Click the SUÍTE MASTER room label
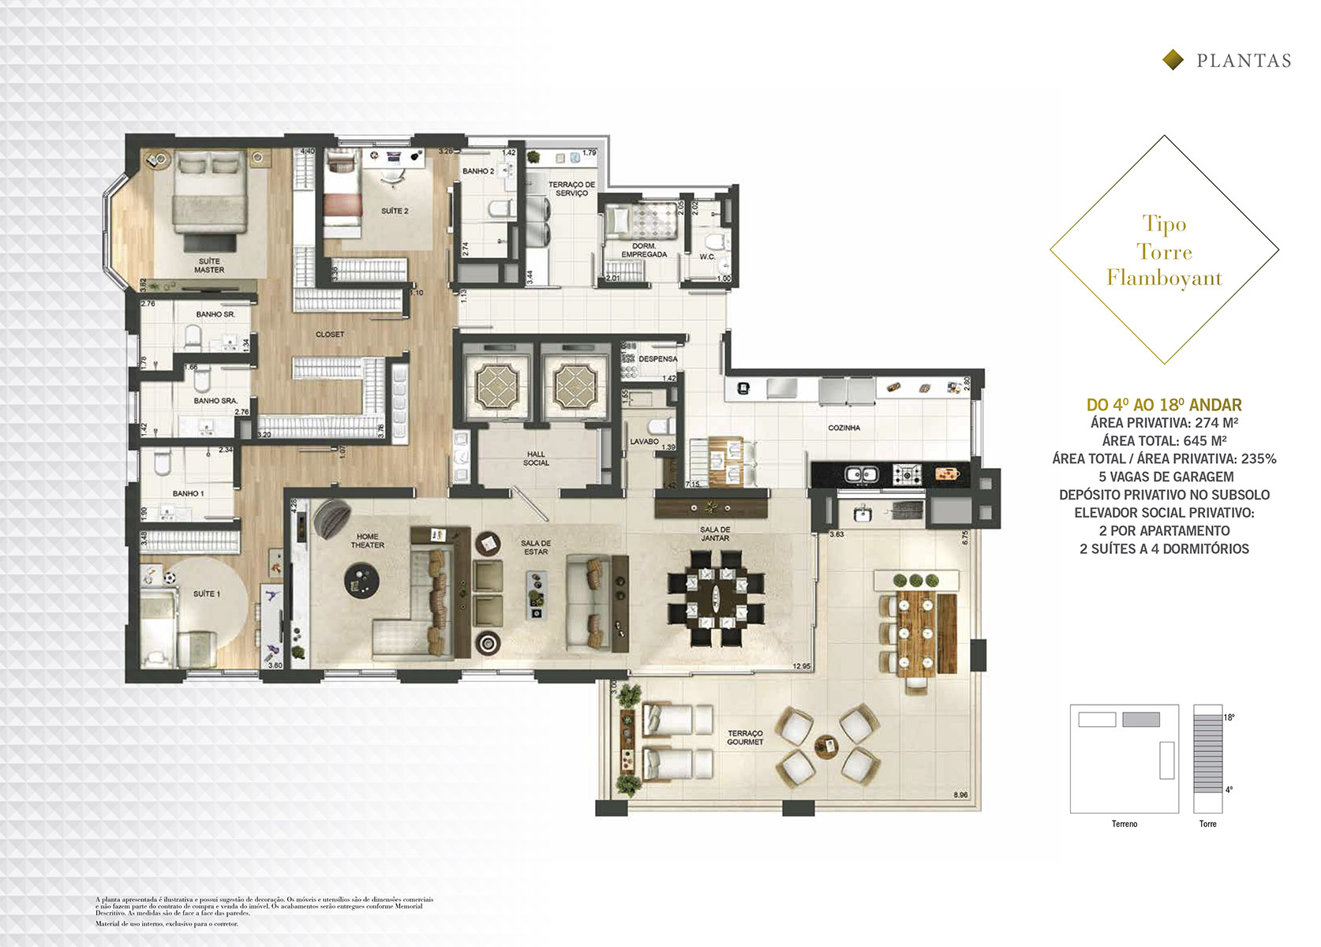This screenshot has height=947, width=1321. click(x=209, y=266)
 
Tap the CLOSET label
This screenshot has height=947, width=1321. click(x=330, y=335)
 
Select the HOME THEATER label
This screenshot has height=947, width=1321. click(x=367, y=541)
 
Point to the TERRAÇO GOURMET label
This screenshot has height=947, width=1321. click(x=745, y=738)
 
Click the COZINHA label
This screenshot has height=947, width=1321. click(x=844, y=428)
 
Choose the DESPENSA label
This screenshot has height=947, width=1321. click(x=657, y=359)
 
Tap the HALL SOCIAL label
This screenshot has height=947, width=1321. click(x=536, y=459)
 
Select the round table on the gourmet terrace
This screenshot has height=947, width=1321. click(x=825, y=744)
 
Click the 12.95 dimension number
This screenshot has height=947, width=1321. click(x=801, y=667)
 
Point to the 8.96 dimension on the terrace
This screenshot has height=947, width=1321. click(x=960, y=795)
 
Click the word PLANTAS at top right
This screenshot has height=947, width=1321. click(x=1244, y=62)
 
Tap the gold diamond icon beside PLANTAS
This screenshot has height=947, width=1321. click(x=1173, y=60)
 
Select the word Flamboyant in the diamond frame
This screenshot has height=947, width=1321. click(x=1164, y=278)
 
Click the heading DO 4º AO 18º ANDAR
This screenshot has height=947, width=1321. click(x=1164, y=405)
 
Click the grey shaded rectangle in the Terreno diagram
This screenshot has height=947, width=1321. click(x=1141, y=720)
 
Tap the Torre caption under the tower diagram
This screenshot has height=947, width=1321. click(x=1207, y=824)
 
